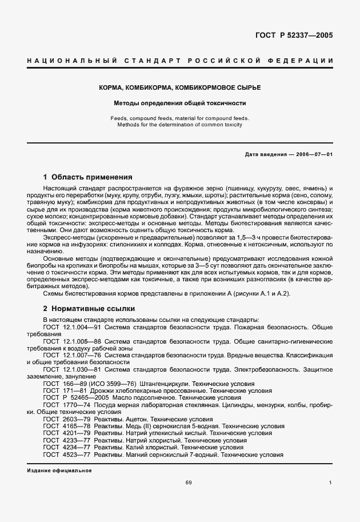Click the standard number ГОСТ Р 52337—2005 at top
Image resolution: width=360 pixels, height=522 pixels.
(x=294, y=35)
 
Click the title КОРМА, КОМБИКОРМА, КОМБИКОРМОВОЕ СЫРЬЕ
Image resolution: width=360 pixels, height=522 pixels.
(x=179, y=87)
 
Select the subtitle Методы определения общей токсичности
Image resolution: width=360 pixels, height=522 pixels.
(x=179, y=103)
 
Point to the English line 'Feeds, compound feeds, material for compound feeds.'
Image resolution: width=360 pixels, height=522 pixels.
(x=179, y=118)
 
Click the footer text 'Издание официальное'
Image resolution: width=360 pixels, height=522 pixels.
(x=59, y=471)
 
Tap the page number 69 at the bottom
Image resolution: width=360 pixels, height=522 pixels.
(x=189, y=484)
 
